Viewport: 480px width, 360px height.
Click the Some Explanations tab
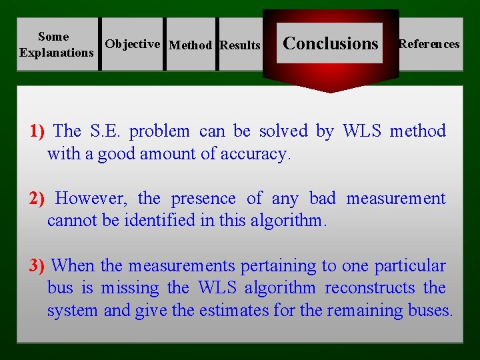pyautogui.click(x=57, y=45)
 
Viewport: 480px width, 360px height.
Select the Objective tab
pyautogui.click(x=133, y=44)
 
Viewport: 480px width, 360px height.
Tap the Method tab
pyautogui.click(x=191, y=45)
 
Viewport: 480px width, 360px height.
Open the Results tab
pyautogui.click(x=240, y=45)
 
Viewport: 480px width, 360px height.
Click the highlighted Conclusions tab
pyautogui.click(x=330, y=43)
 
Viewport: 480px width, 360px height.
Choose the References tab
pyautogui.click(x=429, y=44)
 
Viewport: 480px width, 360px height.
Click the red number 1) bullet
pyautogui.click(x=37, y=131)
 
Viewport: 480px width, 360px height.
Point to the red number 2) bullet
pyautogui.click(x=37, y=199)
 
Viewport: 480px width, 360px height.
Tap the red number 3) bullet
pyautogui.click(x=37, y=266)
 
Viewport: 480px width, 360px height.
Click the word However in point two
pyautogui.click(x=93, y=199)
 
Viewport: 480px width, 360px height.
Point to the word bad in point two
pyautogui.click(x=323, y=199)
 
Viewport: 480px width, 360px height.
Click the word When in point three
pyautogui.click(x=73, y=266)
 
